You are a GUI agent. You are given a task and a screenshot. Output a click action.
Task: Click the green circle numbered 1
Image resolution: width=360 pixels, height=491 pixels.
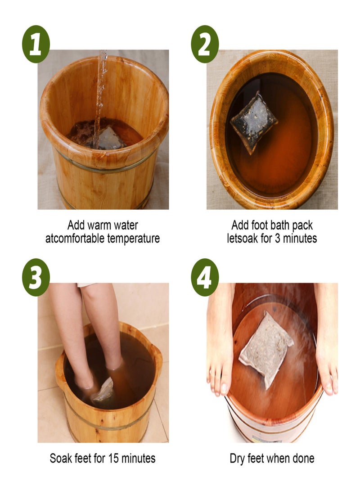pos(36,44)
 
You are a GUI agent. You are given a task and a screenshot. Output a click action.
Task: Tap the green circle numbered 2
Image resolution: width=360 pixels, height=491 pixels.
pos(205,44)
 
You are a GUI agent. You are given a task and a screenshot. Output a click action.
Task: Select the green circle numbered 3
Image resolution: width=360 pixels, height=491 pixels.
pos(36,277)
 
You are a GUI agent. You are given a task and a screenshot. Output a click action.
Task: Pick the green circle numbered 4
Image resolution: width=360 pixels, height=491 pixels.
pos(205,277)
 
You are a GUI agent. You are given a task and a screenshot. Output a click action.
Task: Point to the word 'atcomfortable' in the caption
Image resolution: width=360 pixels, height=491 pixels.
pos(75,238)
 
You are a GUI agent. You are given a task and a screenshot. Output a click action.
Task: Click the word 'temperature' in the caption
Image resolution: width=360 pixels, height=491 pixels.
pos(133,238)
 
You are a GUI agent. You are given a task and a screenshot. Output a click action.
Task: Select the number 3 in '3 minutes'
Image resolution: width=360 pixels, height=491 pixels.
pos(278,238)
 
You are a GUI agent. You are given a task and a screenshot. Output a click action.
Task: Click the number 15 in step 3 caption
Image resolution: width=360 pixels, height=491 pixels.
pos(112,459)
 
